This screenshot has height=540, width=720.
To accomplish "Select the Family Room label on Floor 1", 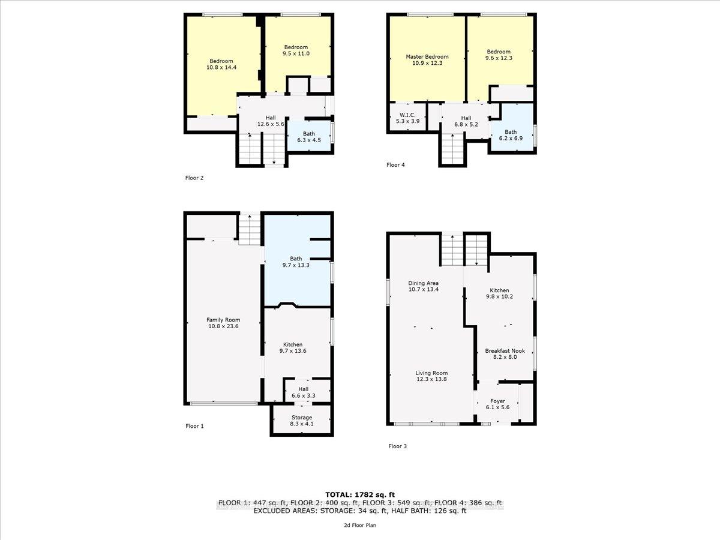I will coord(223,323).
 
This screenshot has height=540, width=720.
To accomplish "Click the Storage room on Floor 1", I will coord(302,421).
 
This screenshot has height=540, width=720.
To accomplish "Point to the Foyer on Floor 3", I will coord(497,404).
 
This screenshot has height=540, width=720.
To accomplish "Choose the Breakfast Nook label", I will coord(500,353).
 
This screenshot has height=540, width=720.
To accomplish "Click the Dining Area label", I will coord(424,287).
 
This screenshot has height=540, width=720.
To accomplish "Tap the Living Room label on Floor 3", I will coord(431,376).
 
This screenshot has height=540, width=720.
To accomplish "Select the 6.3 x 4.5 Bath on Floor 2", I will coord(309,137).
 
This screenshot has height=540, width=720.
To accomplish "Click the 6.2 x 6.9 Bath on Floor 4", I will coord(511,135).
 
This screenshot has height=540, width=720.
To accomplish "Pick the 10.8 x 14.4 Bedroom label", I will coord(221,65).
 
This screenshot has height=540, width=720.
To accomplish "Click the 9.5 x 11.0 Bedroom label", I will coord(296,50).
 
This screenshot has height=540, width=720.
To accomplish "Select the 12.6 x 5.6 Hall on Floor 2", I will coord(271,121).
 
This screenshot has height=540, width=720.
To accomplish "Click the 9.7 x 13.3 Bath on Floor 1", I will coord(296,262).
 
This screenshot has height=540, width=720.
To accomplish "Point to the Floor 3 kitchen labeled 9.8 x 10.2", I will coord(500,294).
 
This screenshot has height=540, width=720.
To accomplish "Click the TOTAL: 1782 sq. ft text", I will coord(360,494).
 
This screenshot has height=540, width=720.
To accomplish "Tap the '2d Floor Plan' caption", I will coord(360,525).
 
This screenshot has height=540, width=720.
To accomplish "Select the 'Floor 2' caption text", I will coord(194,178).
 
